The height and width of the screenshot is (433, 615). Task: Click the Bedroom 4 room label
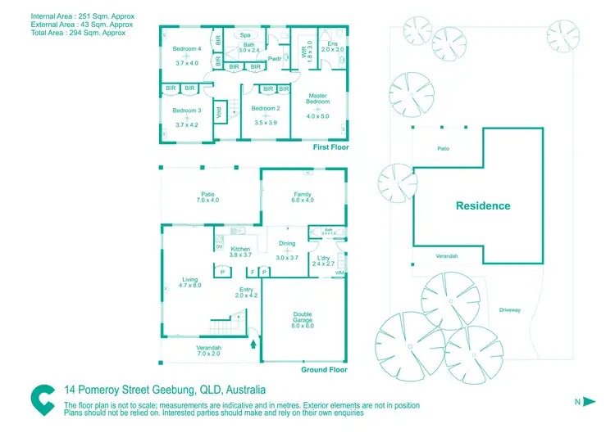point(187,49)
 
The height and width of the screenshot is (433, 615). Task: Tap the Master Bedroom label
point(317,99)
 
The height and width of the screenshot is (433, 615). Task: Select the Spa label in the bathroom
point(246,36)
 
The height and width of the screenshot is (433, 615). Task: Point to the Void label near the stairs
point(219,114)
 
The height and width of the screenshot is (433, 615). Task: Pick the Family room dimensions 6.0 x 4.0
point(303,200)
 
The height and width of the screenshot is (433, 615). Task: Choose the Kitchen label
point(240,249)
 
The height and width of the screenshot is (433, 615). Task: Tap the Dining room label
point(287,243)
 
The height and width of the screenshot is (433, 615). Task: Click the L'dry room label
point(322,258)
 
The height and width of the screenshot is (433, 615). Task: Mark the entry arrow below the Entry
point(253,345)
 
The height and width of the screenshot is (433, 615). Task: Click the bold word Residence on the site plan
point(483,206)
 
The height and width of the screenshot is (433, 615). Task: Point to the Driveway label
point(509,309)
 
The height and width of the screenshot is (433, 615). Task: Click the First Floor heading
point(331,147)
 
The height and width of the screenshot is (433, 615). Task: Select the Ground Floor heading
point(325,370)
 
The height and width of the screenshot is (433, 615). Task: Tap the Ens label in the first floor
point(332,43)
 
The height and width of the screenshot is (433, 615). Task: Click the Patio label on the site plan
point(442,148)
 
